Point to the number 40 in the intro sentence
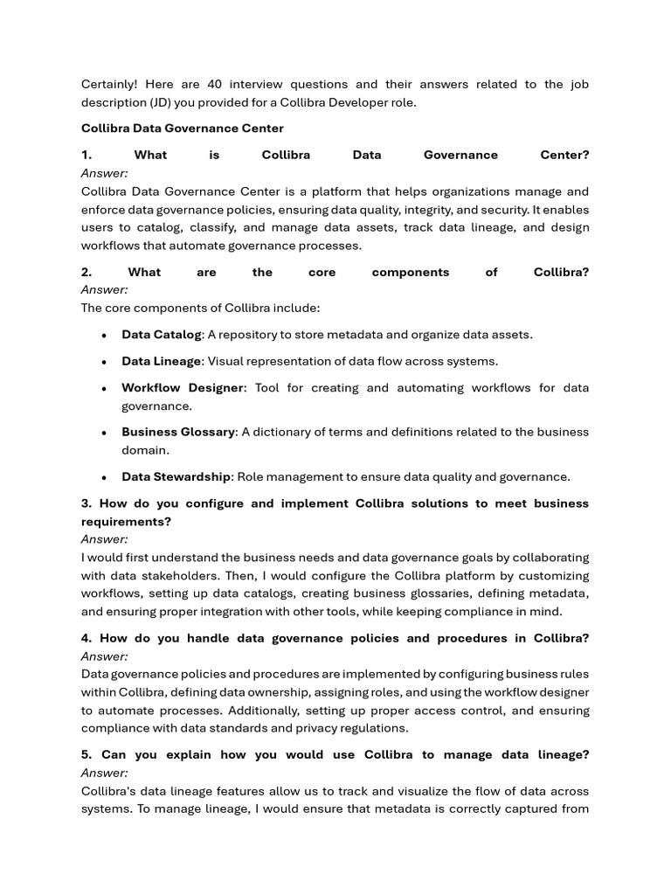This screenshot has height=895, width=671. [x=215, y=85]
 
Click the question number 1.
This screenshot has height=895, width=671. [x=86, y=156]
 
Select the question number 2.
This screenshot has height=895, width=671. [x=86, y=273]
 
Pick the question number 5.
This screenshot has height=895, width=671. [x=87, y=755]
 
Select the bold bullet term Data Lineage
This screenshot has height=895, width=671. [x=162, y=362]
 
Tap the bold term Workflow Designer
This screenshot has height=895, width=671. [x=183, y=388]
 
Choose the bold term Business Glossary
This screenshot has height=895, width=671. [x=178, y=433]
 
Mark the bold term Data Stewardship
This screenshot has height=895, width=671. [x=176, y=477]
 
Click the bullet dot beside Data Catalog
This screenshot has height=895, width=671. [x=104, y=336]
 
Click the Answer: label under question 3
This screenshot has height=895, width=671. [x=105, y=540]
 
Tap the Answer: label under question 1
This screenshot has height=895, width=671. [x=105, y=174]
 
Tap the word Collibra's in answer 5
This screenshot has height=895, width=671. [x=111, y=791]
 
